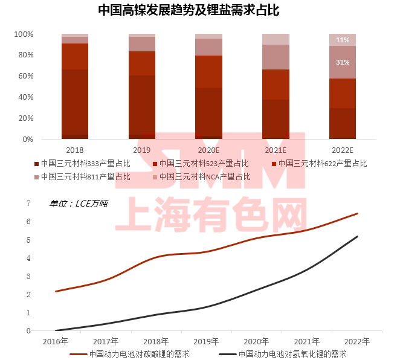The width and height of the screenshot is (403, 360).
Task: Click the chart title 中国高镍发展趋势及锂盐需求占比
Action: coord(201,10)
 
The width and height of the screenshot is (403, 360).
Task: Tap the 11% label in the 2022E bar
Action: coord(343,40)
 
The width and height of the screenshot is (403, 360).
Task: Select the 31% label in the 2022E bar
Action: coord(343,62)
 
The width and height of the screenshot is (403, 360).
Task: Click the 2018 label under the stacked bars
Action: coord(75,149)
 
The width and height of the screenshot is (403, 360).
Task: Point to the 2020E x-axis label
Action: coord(208,149)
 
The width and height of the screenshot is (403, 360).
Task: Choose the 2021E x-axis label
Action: coord(276,149)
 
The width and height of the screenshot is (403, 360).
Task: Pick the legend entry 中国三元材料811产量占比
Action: coord(85,177)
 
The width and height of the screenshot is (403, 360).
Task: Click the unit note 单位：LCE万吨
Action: coord(79,204)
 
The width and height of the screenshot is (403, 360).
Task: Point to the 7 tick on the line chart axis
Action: coord(28,204)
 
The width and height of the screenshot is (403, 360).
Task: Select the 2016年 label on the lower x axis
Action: coord(55,341)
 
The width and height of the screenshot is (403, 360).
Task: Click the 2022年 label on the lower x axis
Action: coord(357,341)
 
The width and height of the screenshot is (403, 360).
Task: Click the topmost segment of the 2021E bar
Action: coord(276,39)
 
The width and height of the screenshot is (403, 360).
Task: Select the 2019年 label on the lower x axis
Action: coord(206,341)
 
